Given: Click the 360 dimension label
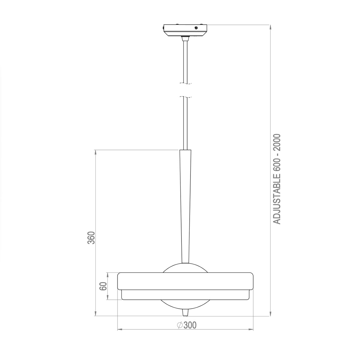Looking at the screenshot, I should click(91, 238).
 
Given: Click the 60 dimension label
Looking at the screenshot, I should click(103, 286).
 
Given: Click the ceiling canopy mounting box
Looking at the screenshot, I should click(185, 29).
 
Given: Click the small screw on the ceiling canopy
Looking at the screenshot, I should click(196, 28).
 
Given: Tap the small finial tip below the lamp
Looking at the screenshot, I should click(185, 313).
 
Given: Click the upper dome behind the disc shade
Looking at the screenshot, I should click(185, 268).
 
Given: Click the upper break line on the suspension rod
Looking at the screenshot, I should click(185, 83).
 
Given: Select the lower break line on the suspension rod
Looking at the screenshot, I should click(185, 97).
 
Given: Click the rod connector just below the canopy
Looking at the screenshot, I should click(185, 38).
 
